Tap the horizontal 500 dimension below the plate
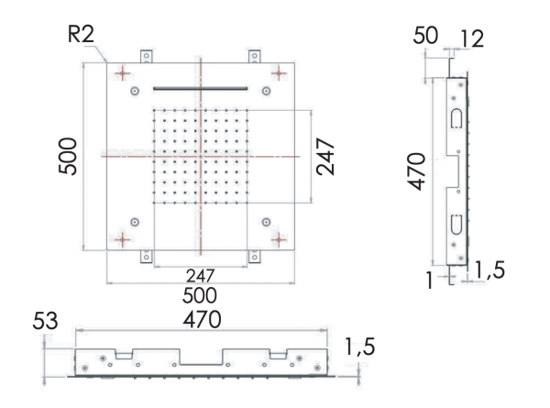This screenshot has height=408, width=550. pos(199,295)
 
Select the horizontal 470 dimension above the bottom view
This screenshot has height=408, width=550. pos(199,321)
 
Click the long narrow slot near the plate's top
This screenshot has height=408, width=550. pos(200,88)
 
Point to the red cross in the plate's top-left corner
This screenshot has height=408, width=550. pos(121,72)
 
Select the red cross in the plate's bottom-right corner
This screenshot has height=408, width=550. pos(280,240)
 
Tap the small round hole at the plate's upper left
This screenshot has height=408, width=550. pos(136,91)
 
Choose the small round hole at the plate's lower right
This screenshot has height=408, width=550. pos(266,221)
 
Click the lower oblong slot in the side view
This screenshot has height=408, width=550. pos(456,224)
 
